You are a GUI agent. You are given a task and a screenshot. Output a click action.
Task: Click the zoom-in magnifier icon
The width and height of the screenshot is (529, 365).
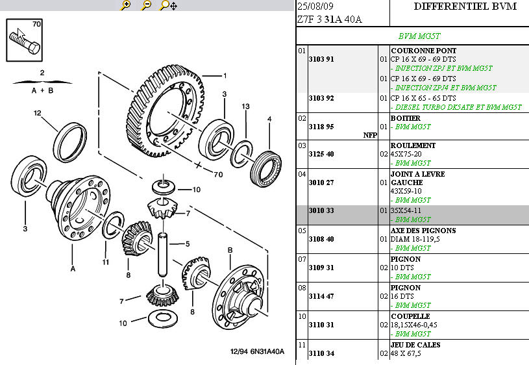tap(126, 5)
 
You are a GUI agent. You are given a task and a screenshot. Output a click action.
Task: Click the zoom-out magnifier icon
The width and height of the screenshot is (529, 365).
tap(147, 5)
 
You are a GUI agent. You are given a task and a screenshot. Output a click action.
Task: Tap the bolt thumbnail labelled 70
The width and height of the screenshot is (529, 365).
tap(25, 40)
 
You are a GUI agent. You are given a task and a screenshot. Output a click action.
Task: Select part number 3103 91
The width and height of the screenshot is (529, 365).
tap(321, 59)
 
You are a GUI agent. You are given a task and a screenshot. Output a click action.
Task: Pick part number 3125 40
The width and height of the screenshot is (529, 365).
tap(321, 154)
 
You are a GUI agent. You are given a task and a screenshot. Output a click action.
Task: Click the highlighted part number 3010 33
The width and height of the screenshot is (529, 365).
tap(321, 210)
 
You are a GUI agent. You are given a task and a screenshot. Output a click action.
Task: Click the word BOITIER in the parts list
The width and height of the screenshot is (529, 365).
tap(405, 118)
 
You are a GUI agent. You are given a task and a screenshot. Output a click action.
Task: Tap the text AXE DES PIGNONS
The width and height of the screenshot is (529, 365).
tap(423, 231)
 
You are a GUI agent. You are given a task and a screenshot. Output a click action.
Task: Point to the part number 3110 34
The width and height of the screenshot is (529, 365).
tap(321, 353)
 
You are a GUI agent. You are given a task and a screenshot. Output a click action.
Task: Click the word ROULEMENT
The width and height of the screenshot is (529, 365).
tap(413, 145)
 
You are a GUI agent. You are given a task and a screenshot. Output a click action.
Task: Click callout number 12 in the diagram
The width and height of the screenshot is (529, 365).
tap(38, 113)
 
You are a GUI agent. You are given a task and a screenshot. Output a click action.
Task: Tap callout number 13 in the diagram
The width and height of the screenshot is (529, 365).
tap(246, 106)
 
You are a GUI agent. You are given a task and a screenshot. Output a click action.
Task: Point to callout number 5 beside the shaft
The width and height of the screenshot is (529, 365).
tap(188, 244)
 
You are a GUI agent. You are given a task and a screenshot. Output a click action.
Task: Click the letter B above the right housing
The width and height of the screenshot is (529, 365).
tap(230, 250)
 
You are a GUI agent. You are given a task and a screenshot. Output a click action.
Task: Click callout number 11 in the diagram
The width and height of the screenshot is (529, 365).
tap(105, 262)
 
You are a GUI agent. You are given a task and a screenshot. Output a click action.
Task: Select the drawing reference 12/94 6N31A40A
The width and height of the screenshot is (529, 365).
tap(258, 352)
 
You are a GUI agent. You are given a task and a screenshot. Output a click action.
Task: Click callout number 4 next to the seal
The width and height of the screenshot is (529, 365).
tap(268, 119)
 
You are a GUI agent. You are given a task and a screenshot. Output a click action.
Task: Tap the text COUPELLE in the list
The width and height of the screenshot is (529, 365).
tap(410, 316)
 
